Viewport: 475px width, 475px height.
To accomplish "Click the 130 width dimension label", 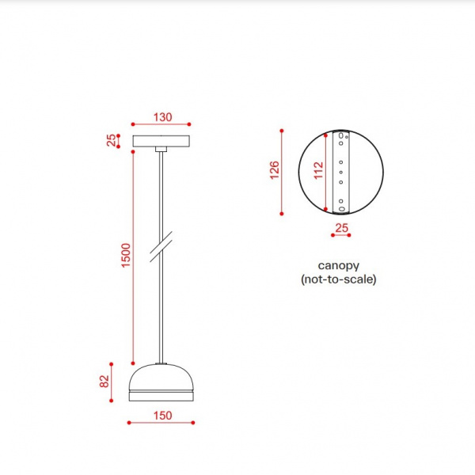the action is point(162,117).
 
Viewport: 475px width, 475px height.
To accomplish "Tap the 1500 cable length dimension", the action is point(125,255).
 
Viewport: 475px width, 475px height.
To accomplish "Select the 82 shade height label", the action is point(104,382).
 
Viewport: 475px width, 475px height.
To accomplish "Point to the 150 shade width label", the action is point(162,416).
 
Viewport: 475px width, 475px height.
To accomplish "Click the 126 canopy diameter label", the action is point(275,170).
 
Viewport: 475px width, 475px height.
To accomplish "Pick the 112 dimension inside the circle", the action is point(318,170).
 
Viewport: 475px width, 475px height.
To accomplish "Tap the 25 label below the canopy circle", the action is point(342,228).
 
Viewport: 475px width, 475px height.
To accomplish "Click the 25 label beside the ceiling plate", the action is point(111,140).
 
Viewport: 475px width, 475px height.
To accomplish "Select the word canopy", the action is point(338,266).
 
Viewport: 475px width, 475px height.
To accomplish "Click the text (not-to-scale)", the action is point(338,279).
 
